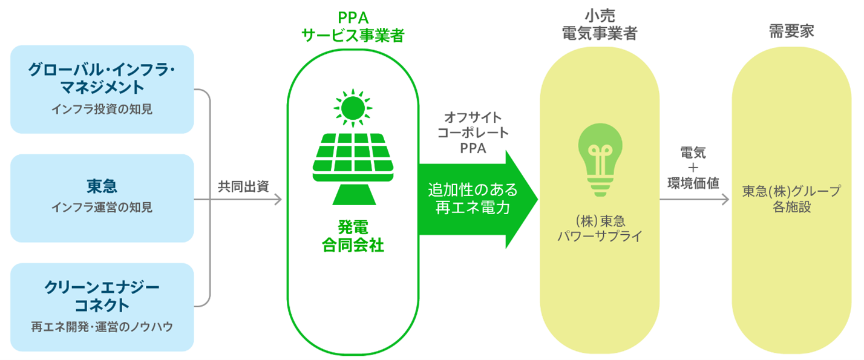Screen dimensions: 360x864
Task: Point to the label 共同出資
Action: [243, 187]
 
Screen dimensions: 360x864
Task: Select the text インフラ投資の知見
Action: [102, 110]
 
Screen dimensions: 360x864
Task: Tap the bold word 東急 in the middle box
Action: [102, 185]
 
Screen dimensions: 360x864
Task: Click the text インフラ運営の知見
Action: [102, 208]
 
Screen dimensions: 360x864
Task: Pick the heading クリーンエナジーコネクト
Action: [102, 295]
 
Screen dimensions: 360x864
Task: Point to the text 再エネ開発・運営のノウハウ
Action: [102, 327]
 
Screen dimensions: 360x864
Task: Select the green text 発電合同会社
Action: [353, 237]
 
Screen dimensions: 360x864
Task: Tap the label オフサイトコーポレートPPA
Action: [473, 133]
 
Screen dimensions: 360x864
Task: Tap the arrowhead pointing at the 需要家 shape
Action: [725, 200]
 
